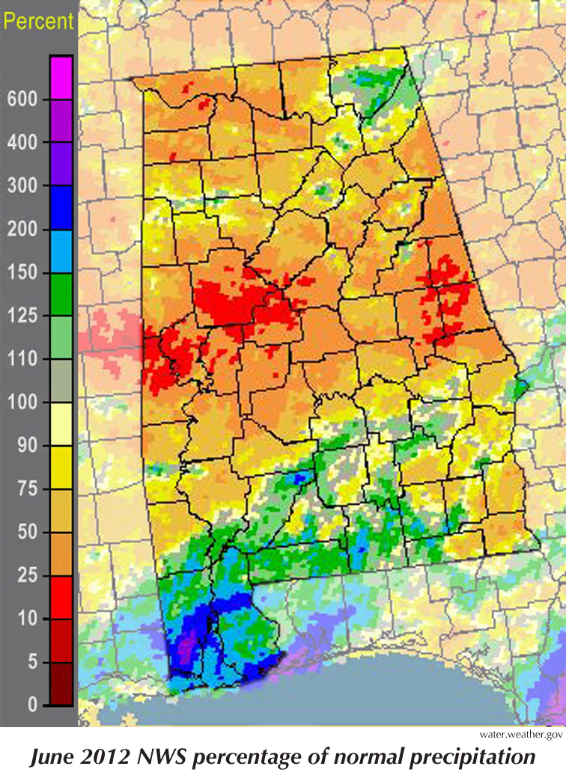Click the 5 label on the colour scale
point(31,663)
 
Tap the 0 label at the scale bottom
point(31,705)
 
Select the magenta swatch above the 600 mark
point(61,77)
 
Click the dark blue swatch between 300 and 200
point(61,207)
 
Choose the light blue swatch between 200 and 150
point(61,251)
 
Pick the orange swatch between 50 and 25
point(61,554)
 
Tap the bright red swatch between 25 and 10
point(61,598)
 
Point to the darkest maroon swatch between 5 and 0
point(61,684)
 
